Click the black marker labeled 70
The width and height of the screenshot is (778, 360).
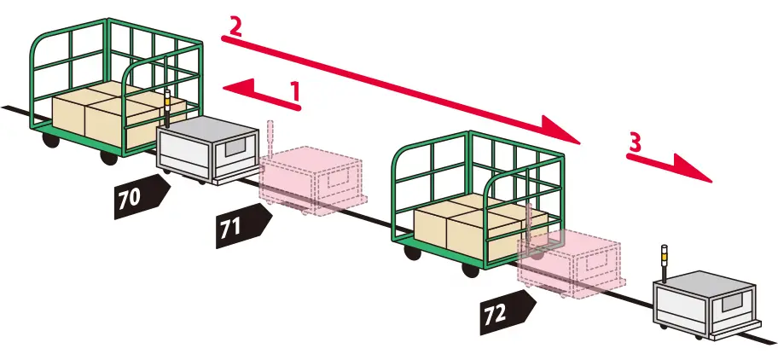tap(142, 196)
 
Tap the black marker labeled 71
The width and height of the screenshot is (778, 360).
tap(243, 225)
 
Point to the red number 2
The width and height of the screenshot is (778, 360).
tap(235, 26)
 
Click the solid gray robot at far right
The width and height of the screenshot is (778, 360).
tap(707, 304)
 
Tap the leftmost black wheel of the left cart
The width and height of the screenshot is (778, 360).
tap(50, 139)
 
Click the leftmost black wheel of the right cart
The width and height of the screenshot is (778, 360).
tap(412, 252)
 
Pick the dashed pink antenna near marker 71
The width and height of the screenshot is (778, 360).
tap(270, 139)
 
